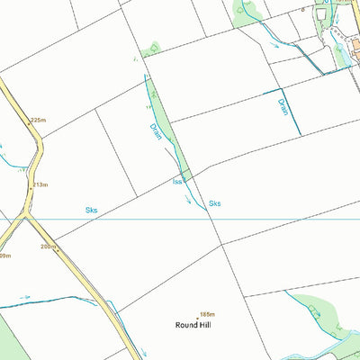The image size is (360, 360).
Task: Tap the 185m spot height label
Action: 209,303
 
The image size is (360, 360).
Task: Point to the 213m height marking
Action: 40,184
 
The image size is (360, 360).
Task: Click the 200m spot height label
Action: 48,246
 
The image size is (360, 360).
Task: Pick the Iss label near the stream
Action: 177,182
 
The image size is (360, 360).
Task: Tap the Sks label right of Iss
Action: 214,203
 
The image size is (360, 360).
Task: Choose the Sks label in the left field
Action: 91,210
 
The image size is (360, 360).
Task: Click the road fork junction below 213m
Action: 27,216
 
